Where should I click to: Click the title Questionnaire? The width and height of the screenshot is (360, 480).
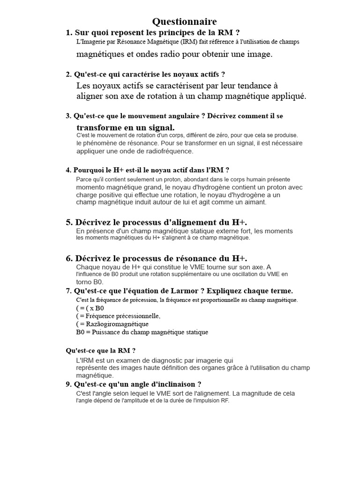point(184,22)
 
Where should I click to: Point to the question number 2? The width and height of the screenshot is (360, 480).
point(68,74)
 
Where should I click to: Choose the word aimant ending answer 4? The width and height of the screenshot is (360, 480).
point(255,202)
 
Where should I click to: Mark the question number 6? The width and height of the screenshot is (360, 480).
point(69,258)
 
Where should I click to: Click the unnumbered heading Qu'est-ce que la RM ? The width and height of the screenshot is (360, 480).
point(101,350)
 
